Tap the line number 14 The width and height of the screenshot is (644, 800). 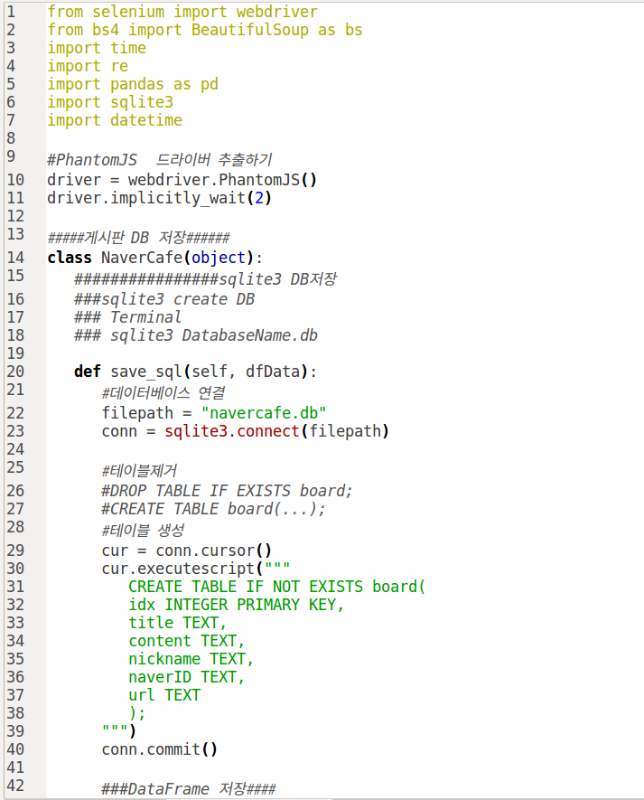point(14,258)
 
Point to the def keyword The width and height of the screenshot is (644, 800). point(88,372)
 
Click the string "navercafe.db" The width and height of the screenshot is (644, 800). point(263,413)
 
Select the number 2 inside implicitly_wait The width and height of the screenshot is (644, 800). point(258,198)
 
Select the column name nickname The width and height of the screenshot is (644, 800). point(164,659)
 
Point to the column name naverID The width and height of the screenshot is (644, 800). point(160,677)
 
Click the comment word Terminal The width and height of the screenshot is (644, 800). point(145,317)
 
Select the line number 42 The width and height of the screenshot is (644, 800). point(14,786)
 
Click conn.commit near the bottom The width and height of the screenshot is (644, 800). point(150,749)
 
